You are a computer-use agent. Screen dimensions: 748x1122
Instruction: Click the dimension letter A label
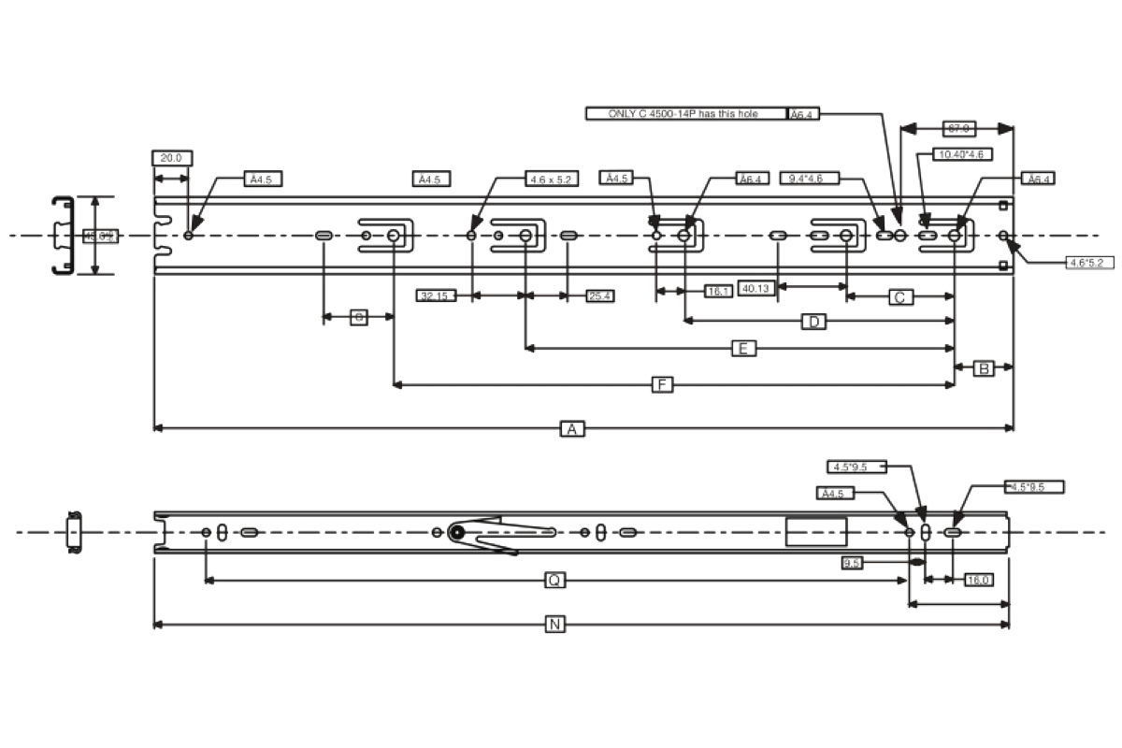[x=572, y=428]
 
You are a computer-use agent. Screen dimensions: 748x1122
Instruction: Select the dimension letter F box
[x=662, y=384]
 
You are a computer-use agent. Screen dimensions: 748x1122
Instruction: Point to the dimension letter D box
[x=814, y=322]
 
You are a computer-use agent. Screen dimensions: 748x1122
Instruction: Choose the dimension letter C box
[x=899, y=297]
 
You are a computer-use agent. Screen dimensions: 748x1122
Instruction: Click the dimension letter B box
[x=984, y=368]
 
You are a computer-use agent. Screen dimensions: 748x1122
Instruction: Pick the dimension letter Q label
[x=554, y=581]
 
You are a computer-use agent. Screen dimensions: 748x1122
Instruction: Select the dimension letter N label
[x=555, y=624]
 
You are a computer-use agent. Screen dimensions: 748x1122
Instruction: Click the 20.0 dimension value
[x=171, y=158]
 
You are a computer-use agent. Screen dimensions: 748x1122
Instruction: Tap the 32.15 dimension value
[x=435, y=295]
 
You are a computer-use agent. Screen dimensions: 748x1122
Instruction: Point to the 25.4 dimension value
[x=599, y=295]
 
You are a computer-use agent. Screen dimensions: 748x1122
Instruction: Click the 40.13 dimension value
[x=755, y=288]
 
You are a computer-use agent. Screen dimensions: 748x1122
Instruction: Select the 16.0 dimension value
[x=978, y=580]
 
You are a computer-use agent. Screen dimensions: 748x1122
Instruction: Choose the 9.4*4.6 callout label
[x=809, y=178]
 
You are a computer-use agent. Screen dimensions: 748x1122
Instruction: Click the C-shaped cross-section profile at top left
[x=63, y=236]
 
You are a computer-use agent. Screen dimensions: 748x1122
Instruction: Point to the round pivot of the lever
[x=457, y=532]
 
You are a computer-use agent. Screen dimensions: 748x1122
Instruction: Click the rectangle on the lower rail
[x=815, y=531]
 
